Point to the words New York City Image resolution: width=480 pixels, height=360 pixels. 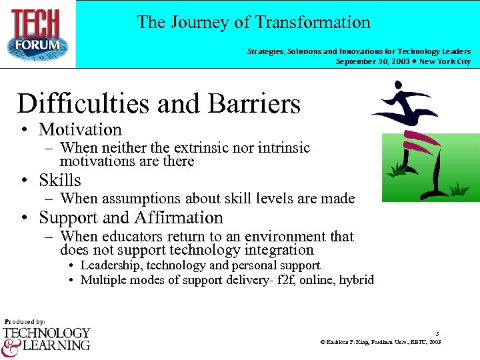(445, 61)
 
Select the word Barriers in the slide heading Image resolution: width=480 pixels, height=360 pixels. (255, 104)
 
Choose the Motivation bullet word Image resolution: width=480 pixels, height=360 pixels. (80, 129)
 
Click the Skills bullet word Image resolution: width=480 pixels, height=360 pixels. (60, 180)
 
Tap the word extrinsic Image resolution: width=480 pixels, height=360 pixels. (197, 147)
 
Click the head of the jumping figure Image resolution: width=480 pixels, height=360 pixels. (398, 85)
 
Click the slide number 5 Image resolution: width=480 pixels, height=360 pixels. (437, 333)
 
